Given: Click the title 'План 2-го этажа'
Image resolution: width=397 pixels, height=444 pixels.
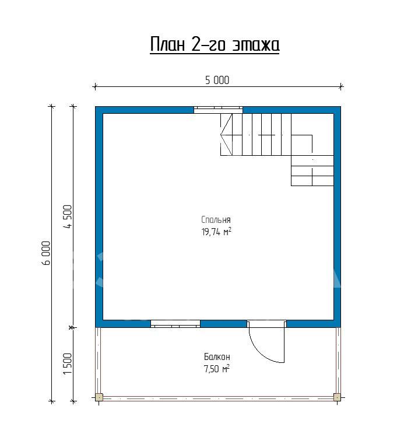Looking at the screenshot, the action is pos(215,44).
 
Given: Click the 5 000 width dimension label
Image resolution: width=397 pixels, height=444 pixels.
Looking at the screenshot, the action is pos(217,81).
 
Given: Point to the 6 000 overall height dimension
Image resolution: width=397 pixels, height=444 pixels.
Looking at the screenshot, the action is pos(46,253).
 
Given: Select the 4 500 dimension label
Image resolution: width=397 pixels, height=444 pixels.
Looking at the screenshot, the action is pos(68,216).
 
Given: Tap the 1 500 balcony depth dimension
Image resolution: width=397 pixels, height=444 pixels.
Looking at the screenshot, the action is pos(68,363).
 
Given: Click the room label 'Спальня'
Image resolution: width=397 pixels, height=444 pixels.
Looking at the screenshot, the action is pos(216,219).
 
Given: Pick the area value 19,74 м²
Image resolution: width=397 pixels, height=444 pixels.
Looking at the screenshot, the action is pos(216,232).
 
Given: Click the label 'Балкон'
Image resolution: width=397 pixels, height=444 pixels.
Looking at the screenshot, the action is pos(217,356).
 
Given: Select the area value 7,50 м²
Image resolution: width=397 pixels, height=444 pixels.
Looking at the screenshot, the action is pos(216,369).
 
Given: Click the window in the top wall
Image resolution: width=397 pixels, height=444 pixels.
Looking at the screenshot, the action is pos(218,110).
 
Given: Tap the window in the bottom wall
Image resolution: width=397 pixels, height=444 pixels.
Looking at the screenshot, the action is pos(175,324).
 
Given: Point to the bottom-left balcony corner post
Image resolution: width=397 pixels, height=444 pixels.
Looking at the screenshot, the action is pos(99,397).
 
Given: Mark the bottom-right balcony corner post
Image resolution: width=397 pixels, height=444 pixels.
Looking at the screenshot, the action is pos(337,397).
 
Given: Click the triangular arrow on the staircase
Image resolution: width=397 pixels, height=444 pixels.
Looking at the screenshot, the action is pos(226,134).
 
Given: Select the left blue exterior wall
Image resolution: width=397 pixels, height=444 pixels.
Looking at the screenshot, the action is pos(99,217).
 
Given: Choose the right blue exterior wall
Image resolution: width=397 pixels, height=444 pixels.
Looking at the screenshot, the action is pos(338,217).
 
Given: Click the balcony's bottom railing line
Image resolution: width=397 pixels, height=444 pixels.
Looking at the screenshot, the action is pos(218,398).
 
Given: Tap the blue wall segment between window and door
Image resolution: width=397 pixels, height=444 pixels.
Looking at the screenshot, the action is pos(223,324).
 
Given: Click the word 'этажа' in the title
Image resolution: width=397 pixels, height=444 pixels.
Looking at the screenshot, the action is pos(256,46).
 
